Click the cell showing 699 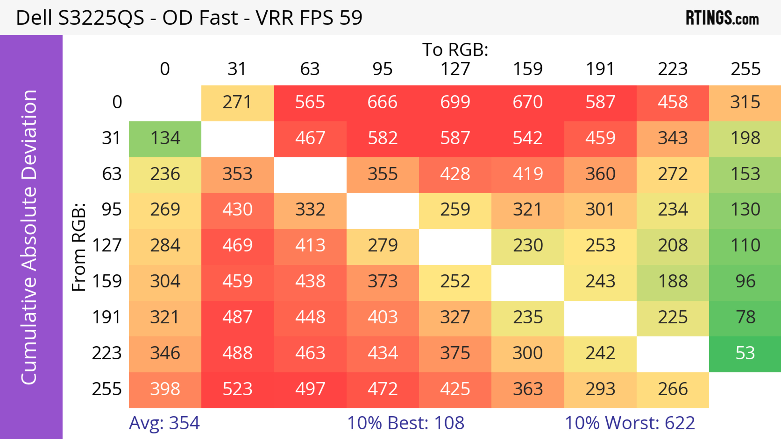coord(455,102)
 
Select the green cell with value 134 coord(165,138)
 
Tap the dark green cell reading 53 coord(745,353)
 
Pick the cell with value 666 coord(383,102)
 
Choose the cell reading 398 coord(165,389)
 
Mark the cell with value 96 coord(745,282)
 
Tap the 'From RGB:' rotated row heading coord(79,247)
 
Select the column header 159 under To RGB coord(528,69)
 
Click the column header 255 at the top coord(745,69)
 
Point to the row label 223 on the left coord(107,353)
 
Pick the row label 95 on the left coord(112,209)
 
